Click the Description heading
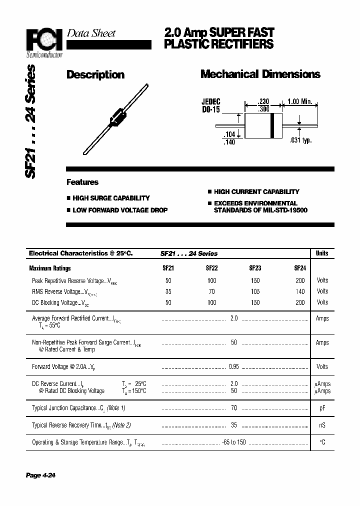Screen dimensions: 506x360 [x=95, y=75]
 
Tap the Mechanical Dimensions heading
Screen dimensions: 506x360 [x=260, y=74]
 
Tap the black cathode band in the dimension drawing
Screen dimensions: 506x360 [x=272, y=125]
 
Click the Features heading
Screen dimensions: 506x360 [x=82, y=182]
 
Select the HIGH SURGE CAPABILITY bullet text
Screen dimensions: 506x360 [x=111, y=198]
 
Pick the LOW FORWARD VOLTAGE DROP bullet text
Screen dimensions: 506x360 [x=120, y=210]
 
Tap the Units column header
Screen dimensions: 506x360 [x=322, y=253]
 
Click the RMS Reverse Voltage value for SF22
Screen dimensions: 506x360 [x=211, y=291]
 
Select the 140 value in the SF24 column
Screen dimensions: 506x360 [x=299, y=291]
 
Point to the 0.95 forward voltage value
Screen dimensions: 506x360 [x=233, y=367]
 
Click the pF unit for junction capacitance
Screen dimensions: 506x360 [x=322, y=408]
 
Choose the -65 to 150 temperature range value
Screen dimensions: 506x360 [x=234, y=442]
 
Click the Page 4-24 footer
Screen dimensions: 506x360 [x=40, y=475]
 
